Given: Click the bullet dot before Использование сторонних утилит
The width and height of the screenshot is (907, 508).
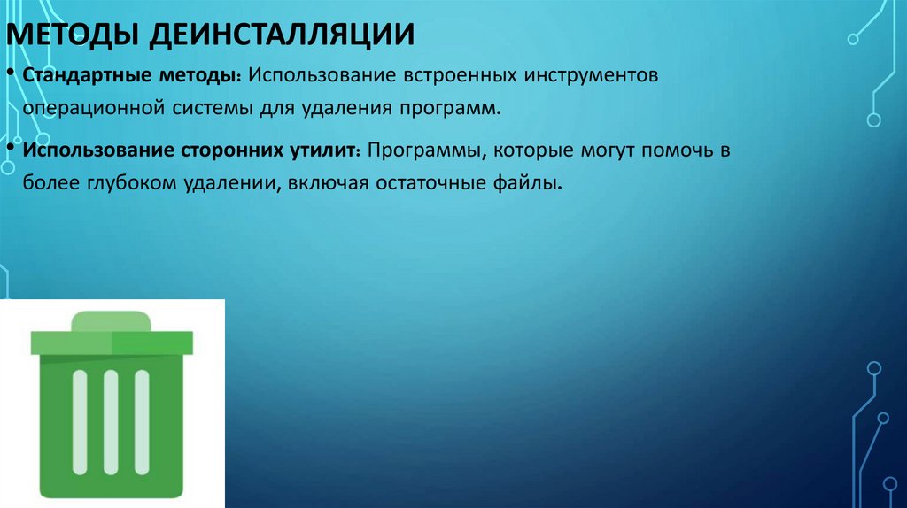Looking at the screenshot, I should (x=9, y=146).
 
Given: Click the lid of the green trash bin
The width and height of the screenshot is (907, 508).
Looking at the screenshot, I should (x=112, y=342).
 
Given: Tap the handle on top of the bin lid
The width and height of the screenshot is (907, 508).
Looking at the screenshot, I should (x=112, y=320).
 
